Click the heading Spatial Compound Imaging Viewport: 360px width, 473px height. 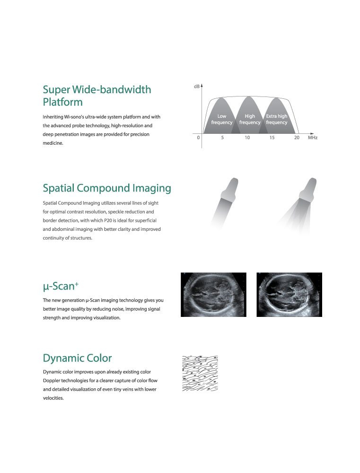tap(107, 188)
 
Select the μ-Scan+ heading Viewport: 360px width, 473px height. tap(61, 286)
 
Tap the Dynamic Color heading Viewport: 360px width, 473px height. tap(77, 358)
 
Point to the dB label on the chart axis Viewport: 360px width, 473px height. tap(196, 87)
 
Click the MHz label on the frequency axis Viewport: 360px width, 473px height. tap(313, 138)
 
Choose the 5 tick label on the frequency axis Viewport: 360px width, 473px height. tap(222, 138)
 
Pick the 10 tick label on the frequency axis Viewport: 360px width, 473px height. tap(247, 138)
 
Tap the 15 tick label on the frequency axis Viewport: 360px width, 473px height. tap(272, 138)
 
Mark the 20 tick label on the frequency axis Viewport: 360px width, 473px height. tap(297, 138)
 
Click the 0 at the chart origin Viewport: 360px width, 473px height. tap(198, 138)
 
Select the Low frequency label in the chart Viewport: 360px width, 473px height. tap(222, 119)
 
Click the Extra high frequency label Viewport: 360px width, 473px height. tap(277, 119)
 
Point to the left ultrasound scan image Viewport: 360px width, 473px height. tap(214, 295)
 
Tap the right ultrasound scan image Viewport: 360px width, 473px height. tap(289, 295)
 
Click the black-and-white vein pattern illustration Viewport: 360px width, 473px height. tap(200, 374)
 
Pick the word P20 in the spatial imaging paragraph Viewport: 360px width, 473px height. tap(108, 220)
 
